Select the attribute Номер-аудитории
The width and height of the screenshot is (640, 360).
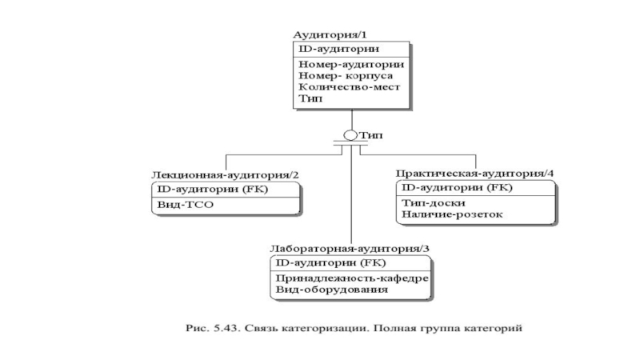coord(350,64)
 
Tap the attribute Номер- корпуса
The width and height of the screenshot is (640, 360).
coord(346,75)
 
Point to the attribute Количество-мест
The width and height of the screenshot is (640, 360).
coord(349,86)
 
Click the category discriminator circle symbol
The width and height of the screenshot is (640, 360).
coord(350,136)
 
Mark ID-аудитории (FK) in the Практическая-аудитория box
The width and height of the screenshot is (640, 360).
coord(458,188)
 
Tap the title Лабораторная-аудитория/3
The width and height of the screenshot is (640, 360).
coord(349,249)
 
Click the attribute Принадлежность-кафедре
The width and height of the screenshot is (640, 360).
coord(352,278)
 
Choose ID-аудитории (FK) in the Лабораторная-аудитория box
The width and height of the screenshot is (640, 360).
coord(330,262)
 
